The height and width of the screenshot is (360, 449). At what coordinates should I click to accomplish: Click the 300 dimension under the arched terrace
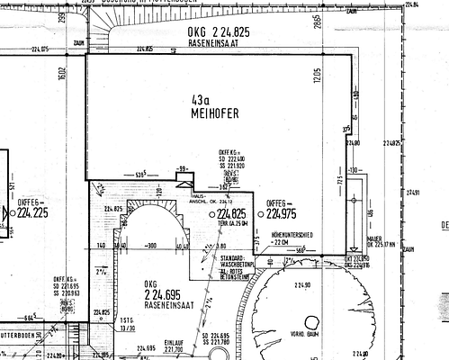(152, 245)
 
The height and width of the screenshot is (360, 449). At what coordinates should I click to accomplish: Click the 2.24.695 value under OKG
(162, 294)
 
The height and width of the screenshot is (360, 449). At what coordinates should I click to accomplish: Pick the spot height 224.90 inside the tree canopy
(300, 285)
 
